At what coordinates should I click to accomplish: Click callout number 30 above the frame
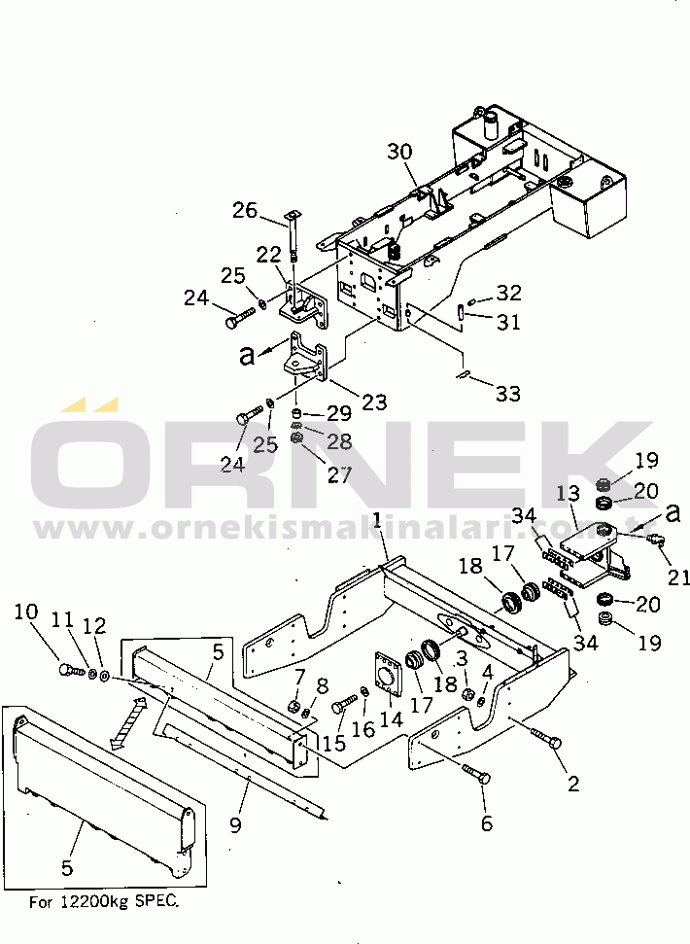point(400,152)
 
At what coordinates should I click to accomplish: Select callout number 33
point(507,394)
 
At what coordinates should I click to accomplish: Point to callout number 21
point(677,577)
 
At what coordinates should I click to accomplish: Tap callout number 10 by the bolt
point(27,612)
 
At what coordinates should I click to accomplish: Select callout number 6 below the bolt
point(487,823)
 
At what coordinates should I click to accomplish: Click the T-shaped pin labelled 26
point(291,234)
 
